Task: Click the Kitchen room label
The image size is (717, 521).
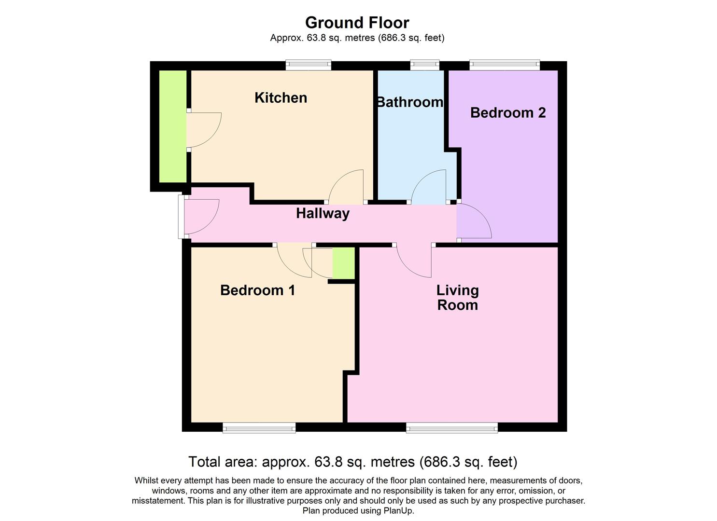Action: (x=281, y=98)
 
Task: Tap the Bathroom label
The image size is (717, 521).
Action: (x=409, y=102)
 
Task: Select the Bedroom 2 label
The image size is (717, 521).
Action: (x=507, y=113)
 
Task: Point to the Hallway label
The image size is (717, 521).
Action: (x=323, y=213)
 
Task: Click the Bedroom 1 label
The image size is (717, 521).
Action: (x=257, y=290)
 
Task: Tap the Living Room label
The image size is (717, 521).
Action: (x=457, y=298)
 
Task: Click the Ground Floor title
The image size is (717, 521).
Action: (x=357, y=23)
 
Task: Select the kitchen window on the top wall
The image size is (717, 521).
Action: (x=308, y=65)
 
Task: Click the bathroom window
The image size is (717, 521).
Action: (x=425, y=65)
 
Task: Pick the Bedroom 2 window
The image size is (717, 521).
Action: (x=505, y=65)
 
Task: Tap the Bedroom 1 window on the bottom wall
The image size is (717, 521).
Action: (x=259, y=427)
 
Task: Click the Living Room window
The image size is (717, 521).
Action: (x=451, y=427)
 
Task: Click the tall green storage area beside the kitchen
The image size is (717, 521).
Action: (x=173, y=126)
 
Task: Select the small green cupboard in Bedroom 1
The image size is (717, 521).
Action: (x=344, y=263)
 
